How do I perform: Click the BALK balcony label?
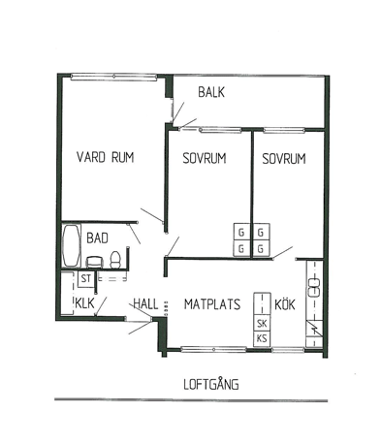(211, 92)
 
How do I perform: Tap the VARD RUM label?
(106, 157)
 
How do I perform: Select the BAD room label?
(97, 238)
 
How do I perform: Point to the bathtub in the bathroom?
(71, 246)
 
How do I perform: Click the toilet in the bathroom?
(115, 260)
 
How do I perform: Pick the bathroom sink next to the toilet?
(94, 262)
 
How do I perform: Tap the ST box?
(85, 279)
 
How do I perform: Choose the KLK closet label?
(84, 303)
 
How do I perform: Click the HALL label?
(145, 304)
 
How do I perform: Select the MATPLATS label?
(212, 304)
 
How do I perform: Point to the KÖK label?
(285, 304)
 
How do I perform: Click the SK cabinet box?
(262, 323)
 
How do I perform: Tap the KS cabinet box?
(262, 338)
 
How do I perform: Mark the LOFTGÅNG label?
(211, 384)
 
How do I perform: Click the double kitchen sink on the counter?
(314, 287)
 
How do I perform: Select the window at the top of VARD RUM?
(113, 77)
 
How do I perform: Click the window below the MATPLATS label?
(213, 349)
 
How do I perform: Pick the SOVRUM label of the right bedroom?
(284, 159)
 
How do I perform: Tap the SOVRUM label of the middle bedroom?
(205, 158)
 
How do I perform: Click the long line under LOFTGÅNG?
(191, 400)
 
